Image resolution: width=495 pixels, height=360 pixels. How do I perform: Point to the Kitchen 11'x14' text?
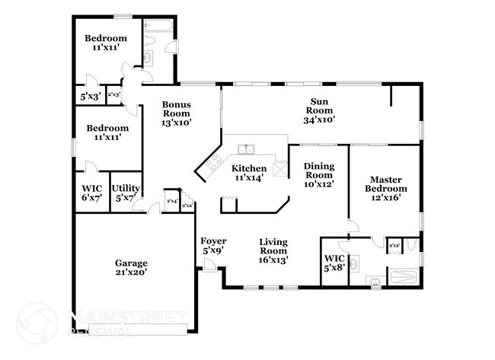[x=249, y=173]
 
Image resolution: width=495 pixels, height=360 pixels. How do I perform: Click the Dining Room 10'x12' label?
[x=319, y=174]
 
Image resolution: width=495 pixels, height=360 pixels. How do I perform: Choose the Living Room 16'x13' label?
[x=273, y=250]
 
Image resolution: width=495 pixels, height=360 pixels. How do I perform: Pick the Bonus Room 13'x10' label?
[x=176, y=113]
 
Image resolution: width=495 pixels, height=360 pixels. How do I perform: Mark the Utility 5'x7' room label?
[x=124, y=192]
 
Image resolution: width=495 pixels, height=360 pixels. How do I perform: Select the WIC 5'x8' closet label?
[x=334, y=262]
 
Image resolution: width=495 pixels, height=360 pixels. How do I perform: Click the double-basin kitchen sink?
[x=245, y=149]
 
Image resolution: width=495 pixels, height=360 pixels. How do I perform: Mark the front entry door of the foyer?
[x=209, y=264]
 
